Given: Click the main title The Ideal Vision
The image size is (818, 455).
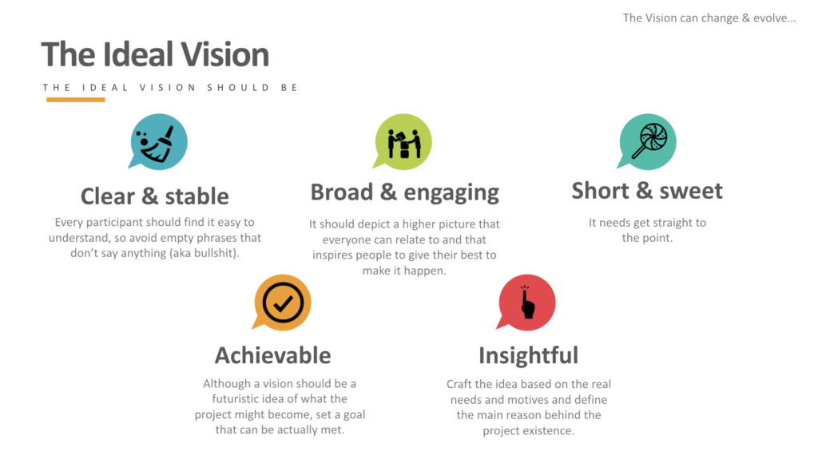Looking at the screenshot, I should [155, 54].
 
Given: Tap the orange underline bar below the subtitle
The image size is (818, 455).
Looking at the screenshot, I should [75, 100].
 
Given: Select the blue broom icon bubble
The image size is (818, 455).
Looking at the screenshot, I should [160, 141].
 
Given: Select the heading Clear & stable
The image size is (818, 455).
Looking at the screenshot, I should [154, 196].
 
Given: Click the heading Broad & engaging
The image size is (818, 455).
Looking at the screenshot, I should [404, 192].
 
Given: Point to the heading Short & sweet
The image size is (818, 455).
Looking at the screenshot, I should [647, 191].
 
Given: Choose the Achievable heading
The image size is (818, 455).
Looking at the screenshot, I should [272, 354].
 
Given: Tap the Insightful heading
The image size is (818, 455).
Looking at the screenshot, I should [528, 354].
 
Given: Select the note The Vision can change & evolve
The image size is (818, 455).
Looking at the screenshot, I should [709, 18].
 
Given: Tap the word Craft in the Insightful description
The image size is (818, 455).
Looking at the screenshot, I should [461, 384].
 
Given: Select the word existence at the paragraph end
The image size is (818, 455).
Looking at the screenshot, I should [550, 430].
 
